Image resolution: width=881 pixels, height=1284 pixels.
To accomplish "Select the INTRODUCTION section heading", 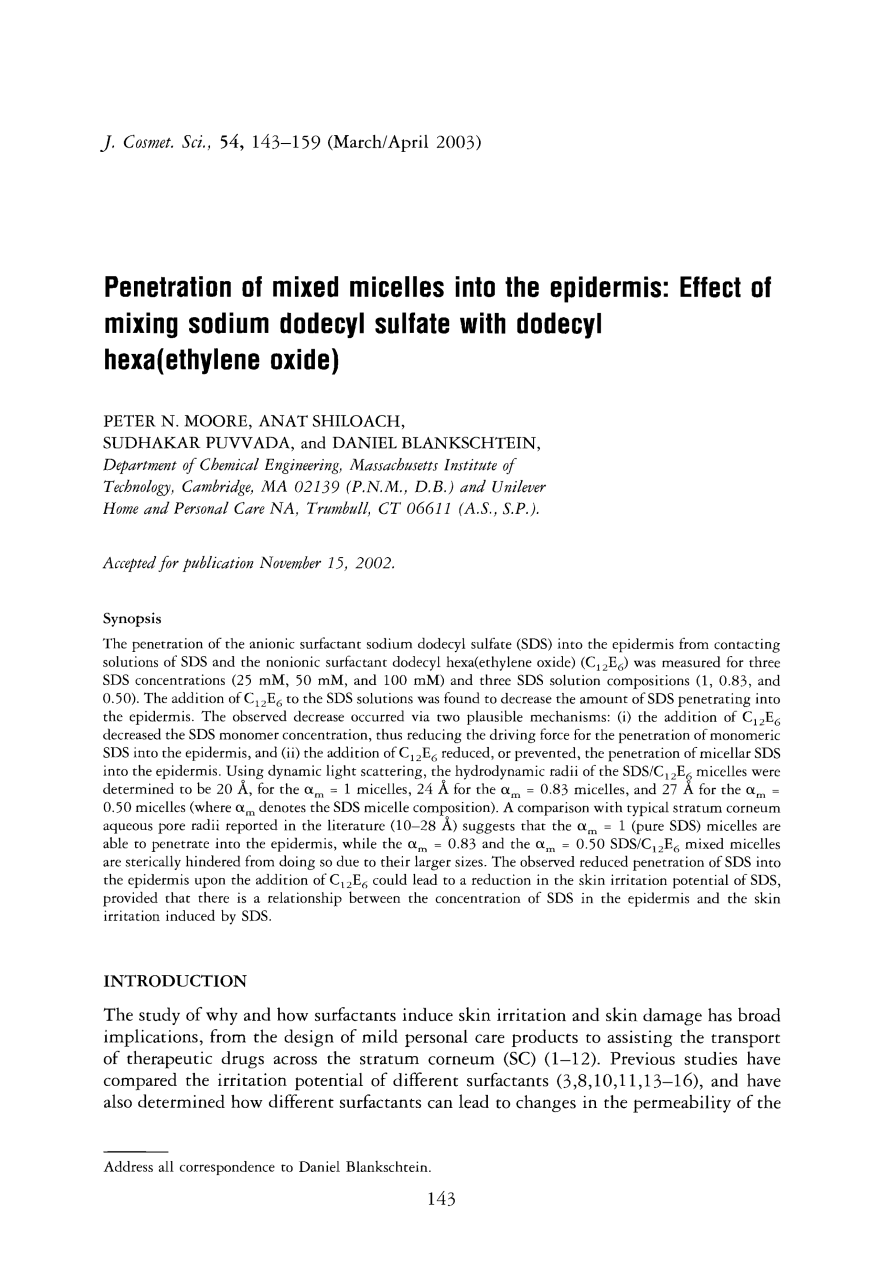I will (175, 981).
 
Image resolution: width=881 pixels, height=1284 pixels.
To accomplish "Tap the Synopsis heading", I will (132, 619).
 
